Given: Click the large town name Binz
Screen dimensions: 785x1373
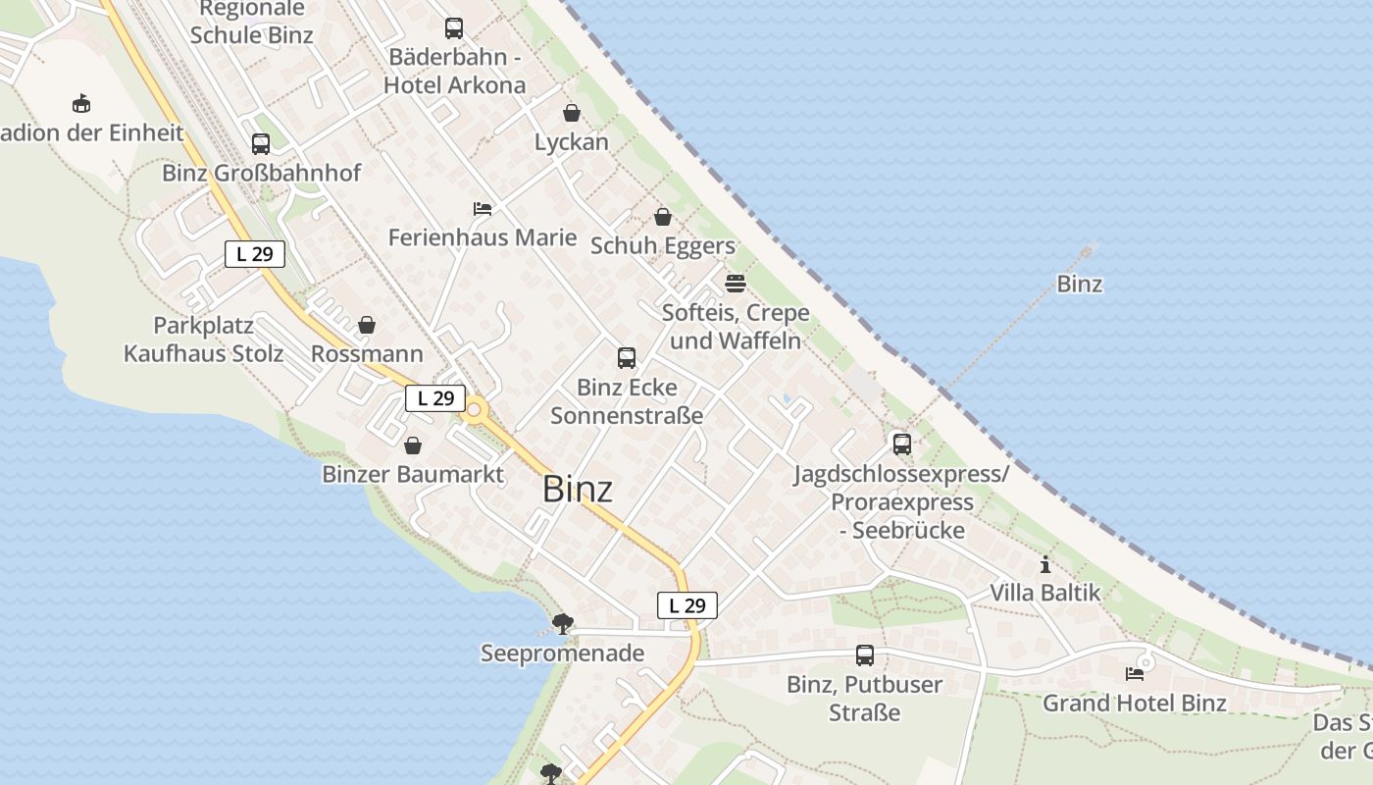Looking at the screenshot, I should [x=578, y=489].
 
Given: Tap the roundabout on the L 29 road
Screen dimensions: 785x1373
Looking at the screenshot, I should [x=476, y=409].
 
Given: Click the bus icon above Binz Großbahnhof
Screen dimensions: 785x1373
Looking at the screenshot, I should [x=261, y=144].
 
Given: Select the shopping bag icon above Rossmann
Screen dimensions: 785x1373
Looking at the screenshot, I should [x=367, y=325].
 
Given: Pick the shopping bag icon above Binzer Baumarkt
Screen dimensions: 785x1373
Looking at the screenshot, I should [x=413, y=445].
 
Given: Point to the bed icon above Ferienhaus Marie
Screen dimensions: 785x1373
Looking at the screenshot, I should [x=482, y=208].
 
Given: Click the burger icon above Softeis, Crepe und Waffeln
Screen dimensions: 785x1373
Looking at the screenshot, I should [x=736, y=284].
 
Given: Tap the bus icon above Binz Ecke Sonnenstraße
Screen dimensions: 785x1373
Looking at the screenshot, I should [x=627, y=358].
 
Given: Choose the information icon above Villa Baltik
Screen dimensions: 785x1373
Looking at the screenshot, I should [x=1045, y=564].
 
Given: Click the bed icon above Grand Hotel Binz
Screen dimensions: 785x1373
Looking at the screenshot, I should [x=1135, y=674].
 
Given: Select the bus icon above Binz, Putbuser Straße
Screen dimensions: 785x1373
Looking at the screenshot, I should [x=864, y=654].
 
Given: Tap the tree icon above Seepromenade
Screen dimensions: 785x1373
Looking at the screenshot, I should [x=562, y=623].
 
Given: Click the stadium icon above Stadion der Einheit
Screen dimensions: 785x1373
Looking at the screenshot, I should [x=81, y=103].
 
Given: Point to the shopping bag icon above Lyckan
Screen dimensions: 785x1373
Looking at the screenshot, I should [x=572, y=113].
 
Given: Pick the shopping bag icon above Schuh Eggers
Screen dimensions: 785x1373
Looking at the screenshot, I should [x=663, y=217].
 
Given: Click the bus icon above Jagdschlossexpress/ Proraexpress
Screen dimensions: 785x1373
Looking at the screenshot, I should [x=902, y=444].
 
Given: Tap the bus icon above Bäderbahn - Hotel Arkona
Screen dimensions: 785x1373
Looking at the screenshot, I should [x=454, y=28].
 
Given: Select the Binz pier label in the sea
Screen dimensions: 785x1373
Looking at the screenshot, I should [x=1079, y=285].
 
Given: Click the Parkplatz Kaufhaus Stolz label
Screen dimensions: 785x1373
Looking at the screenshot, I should [x=203, y=340].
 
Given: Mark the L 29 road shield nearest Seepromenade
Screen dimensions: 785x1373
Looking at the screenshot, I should [x=686, y=605].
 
